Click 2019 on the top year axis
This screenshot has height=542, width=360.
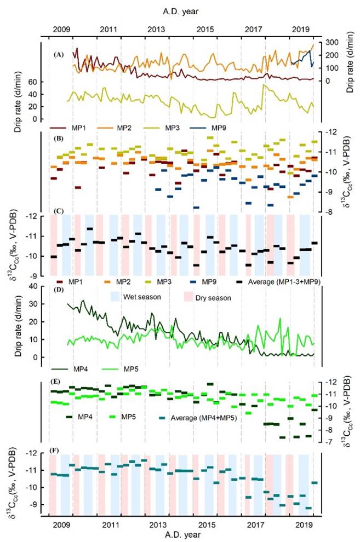[300, 28]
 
